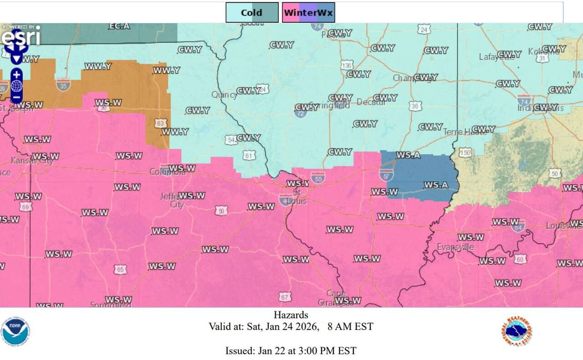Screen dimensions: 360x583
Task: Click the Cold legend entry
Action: (x=252, y=12)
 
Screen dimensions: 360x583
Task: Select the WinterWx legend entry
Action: (x=308, y=12)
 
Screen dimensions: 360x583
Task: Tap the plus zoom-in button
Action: (x=16, y=74)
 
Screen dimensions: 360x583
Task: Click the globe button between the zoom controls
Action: (x=16, y=86)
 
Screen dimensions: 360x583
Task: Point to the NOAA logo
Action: (x=15, y=332)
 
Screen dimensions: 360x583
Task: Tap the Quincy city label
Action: (x=224, y=95)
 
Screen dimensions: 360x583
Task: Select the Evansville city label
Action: (x=455, y=247)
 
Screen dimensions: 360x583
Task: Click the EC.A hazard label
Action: (x=119, y=26)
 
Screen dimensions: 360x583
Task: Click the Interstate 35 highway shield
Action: (x=63, y=84)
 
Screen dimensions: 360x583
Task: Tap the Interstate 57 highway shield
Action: (x=386, y=173)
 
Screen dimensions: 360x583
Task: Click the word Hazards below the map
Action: (x=291, y=315)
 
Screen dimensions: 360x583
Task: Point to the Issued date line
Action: (x=291, y=350)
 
